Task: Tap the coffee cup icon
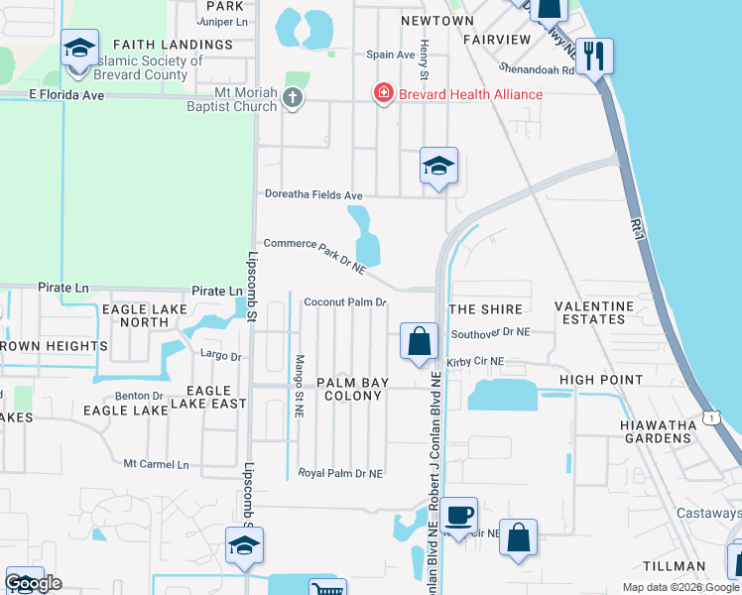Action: coord(458,515)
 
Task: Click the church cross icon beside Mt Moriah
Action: coord(292,97)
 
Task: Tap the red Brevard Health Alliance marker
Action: coord(382,94)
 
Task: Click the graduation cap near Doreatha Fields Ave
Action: coord(437,167)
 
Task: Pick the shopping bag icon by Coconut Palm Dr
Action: coord(420,341)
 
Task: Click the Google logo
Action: coord(33,582)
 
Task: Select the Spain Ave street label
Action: coord(390,56)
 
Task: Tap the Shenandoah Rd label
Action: coord(537,70)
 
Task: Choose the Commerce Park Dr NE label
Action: coord(314,255)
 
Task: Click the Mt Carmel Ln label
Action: coord(163,463)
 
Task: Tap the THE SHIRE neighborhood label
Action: coord(486,309)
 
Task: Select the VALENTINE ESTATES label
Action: coord(594,312)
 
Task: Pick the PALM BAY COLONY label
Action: coord(349,389)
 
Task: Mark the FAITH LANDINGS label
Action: coord(173,45)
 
